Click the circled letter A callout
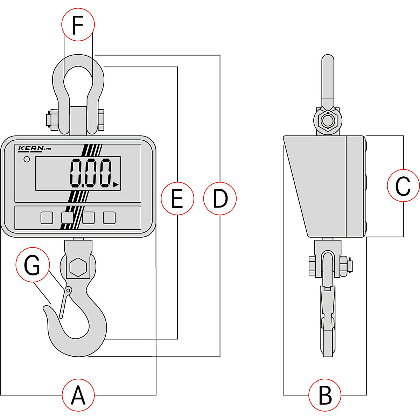[78, 395]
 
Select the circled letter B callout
[325, 395]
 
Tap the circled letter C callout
[403, 186]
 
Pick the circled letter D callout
[220, 198]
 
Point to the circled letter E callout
[177, 198]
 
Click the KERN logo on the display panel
[31, 149]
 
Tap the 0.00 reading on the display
[91, 173]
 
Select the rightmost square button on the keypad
[109, 218]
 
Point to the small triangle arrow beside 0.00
[116, 185]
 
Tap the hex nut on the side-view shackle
[328, 121]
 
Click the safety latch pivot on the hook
[69, 290]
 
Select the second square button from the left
[67, 218]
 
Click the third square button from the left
[88, 218]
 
